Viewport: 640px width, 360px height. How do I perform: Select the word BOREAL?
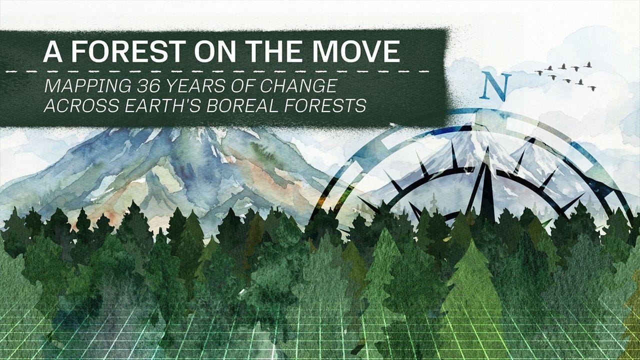click(x=255, y=106)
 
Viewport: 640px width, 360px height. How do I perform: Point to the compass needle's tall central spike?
click(x=485, y=180)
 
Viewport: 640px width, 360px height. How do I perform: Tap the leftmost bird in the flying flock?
click(x=539, y=72)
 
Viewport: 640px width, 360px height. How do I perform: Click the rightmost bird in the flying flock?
click(x=592, y=88)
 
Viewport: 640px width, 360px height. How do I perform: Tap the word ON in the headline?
click(x=203, y=51)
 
